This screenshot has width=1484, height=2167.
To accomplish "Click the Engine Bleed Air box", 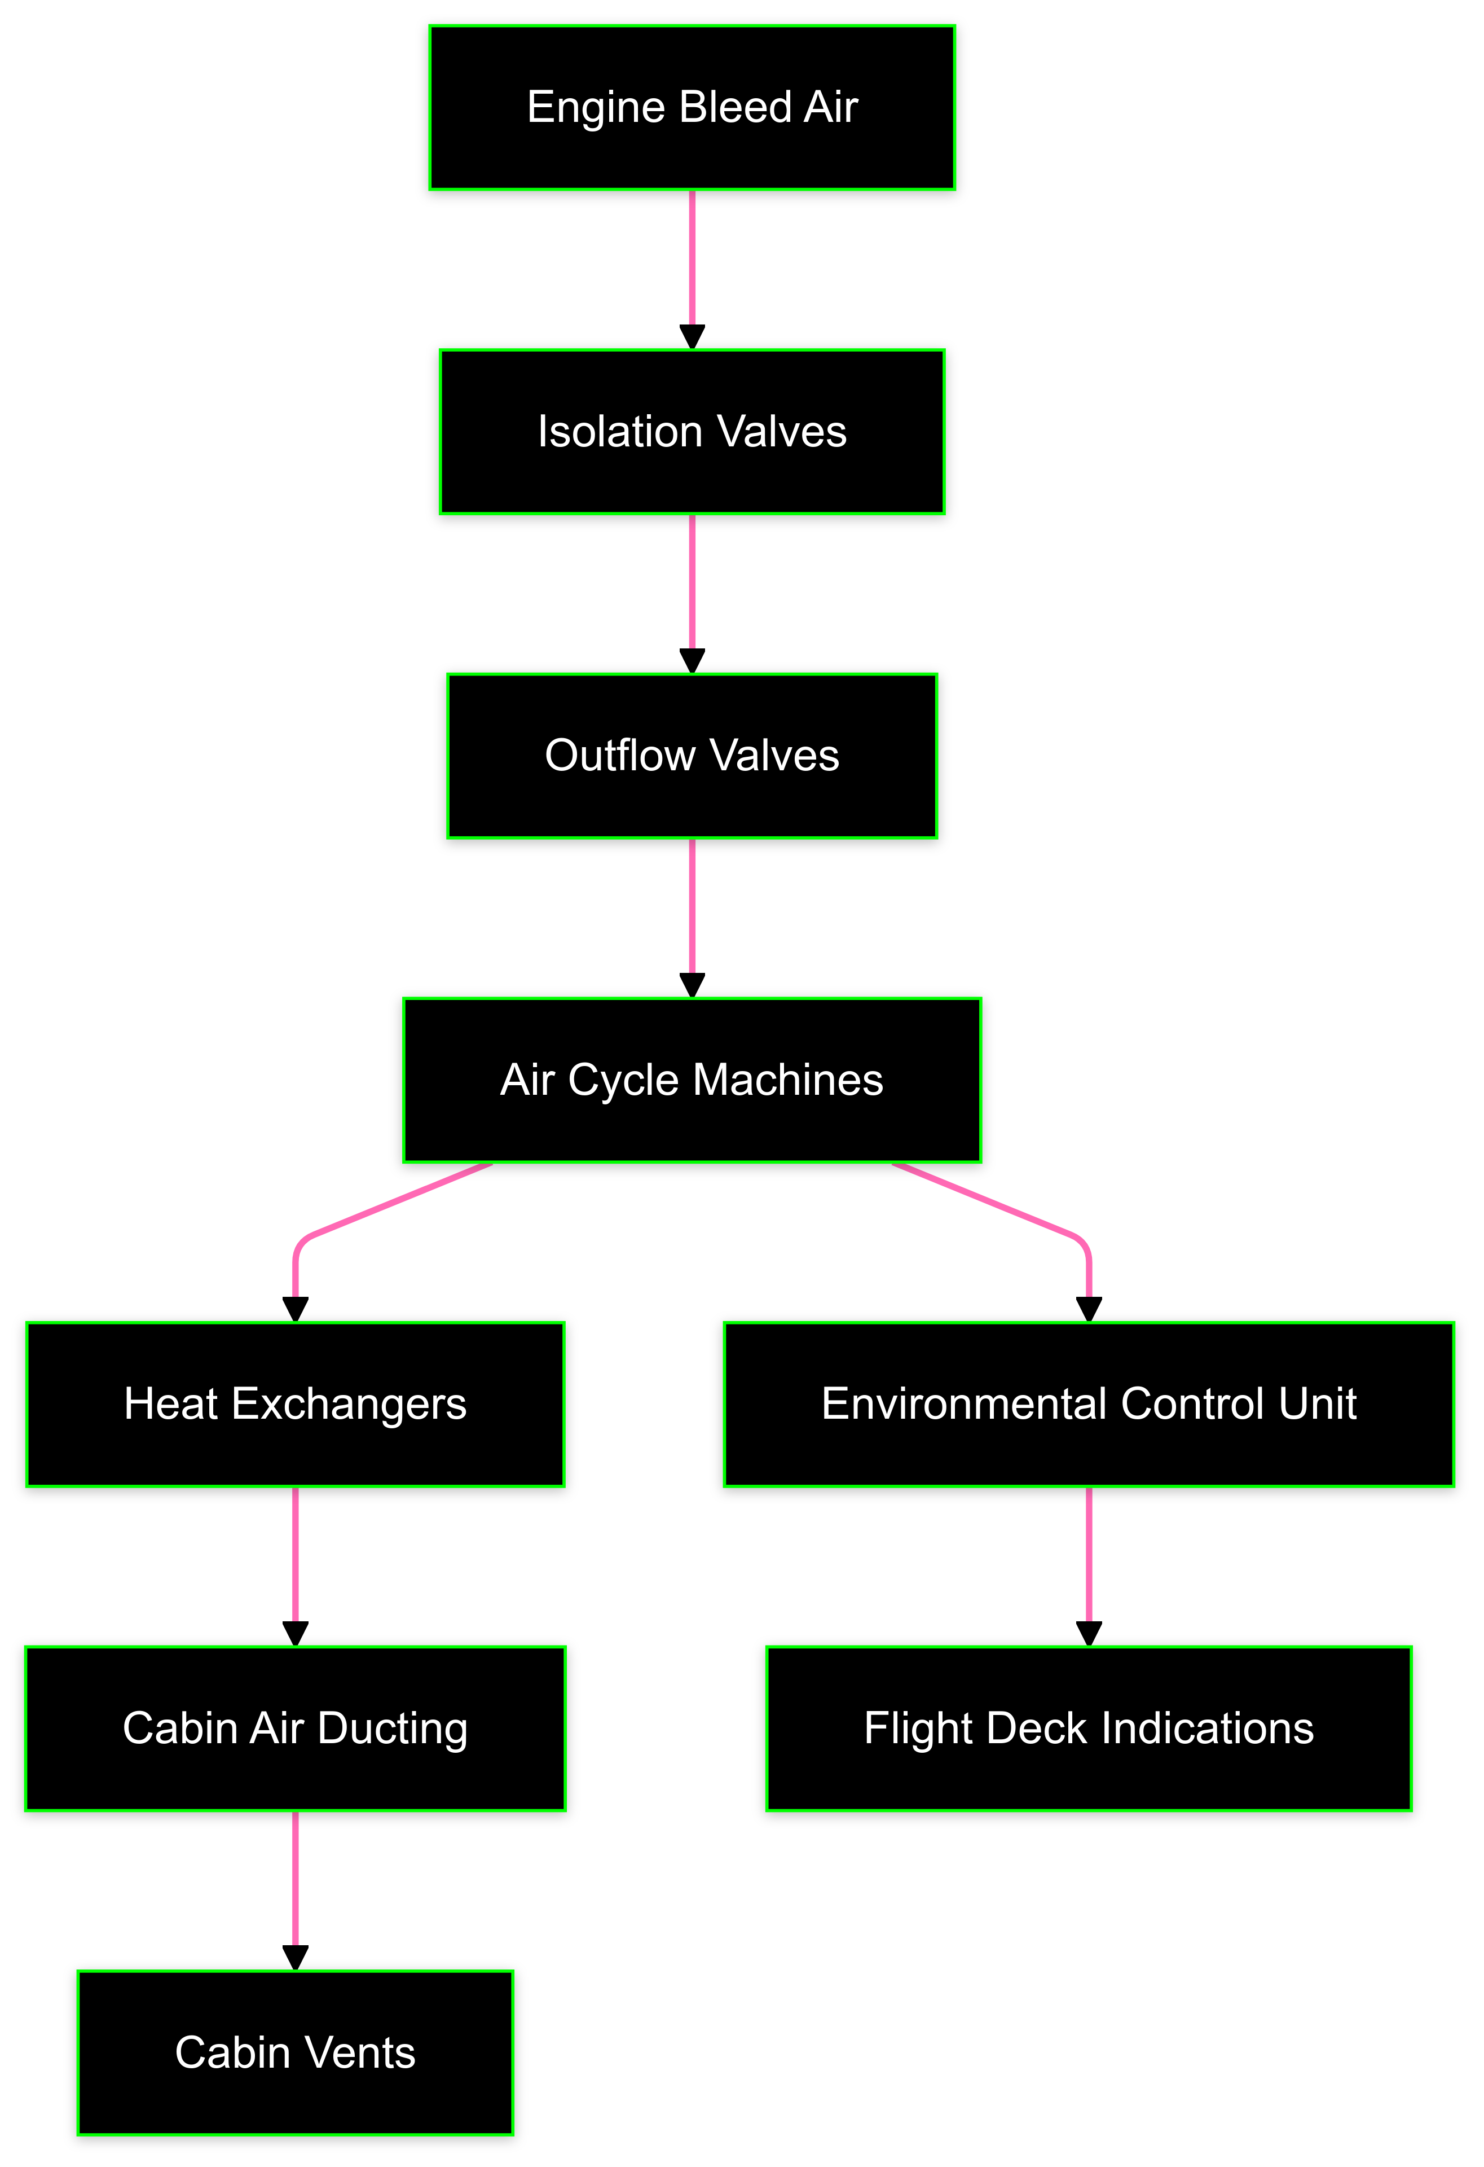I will pos(692,107).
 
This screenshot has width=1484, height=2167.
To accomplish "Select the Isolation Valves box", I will pos(692,432).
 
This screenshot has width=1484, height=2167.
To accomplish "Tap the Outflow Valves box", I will pos(692,755).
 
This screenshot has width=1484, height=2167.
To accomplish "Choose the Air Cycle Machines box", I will pos(692,1080).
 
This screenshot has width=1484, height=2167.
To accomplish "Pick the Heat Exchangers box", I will pos(296,1403).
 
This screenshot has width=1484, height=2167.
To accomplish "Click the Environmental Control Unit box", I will pos(1089,1403).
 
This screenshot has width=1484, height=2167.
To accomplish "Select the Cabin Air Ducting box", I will pos(296,1728).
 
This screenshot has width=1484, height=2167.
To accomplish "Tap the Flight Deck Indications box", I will pos(1089,1728).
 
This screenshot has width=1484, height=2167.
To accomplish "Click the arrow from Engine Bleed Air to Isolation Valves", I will pos(692,266).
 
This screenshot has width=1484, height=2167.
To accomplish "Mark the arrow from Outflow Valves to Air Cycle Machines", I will pos(692,914).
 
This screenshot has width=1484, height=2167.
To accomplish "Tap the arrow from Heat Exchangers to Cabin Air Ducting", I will pos(296,1562).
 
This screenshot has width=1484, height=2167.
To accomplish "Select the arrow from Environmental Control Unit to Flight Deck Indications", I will pos(1089,1562).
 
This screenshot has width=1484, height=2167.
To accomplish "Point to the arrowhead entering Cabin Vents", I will pos(296,1957).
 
